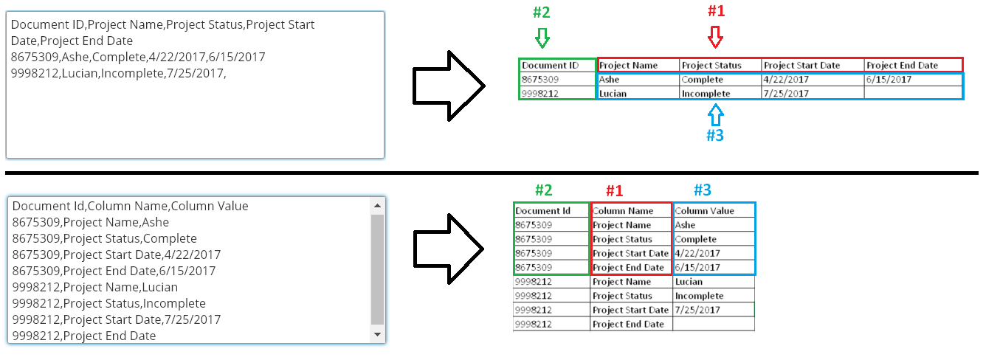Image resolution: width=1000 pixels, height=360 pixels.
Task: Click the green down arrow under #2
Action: (543, 38)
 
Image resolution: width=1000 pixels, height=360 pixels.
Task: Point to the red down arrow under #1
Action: (715, 36)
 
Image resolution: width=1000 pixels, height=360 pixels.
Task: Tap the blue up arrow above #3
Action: (715, 114)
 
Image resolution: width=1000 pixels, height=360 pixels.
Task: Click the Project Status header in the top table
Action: (711, 66)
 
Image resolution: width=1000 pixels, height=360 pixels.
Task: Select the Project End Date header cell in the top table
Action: (902, 66)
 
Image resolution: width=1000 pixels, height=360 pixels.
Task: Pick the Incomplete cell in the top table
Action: (706, 94)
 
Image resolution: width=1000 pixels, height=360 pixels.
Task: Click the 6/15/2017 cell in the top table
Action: (889, 80)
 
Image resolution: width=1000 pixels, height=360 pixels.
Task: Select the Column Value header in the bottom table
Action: (704, 211)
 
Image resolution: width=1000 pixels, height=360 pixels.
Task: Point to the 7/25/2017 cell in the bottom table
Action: (697, 310)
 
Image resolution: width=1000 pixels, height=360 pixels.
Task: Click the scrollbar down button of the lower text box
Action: (378, 335)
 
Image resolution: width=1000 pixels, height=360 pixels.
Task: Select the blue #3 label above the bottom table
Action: (703, 190)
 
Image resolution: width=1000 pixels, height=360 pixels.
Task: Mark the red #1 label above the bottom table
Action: (615, 190)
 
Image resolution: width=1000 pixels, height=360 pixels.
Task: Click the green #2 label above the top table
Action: (542, 13)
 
